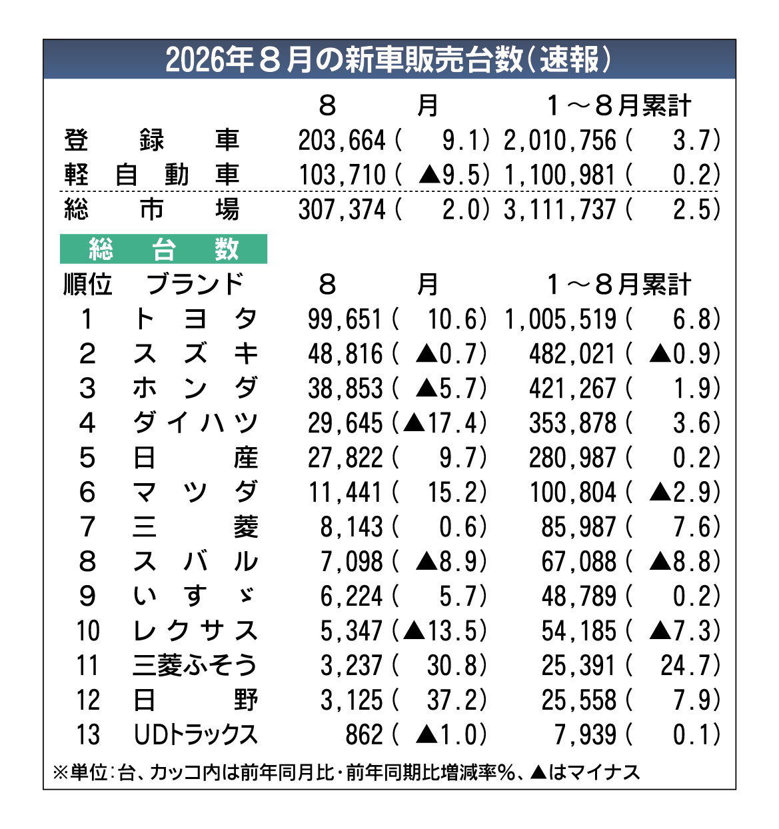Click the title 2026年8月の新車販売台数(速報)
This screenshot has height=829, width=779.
pos(389,59)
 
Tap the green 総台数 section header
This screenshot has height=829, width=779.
pos(163,249)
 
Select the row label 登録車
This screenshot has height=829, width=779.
pos(151,140)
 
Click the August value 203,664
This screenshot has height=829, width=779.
pos(341,140)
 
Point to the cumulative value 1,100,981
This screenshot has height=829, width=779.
pos(559,175)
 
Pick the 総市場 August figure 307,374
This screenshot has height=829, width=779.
pos(341,209)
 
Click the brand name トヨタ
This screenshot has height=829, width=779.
pos(195,319)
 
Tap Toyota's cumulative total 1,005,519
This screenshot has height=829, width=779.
pos(560,320)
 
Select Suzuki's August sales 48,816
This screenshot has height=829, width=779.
pos(345,354)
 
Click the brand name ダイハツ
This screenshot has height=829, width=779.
pos(195,423)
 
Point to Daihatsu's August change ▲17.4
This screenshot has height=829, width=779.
pos(444,423)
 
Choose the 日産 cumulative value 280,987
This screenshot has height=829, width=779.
pos(572,458)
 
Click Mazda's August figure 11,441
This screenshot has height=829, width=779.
pos(345,492)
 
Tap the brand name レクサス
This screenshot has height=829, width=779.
pos(195,630)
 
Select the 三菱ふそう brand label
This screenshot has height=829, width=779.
pos(195,665)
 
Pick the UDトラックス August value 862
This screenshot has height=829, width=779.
pos(364,734)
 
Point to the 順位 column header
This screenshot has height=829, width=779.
pos(88,285)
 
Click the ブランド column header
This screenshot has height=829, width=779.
pos(195,285)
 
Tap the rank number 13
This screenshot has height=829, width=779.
pos(88,734)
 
